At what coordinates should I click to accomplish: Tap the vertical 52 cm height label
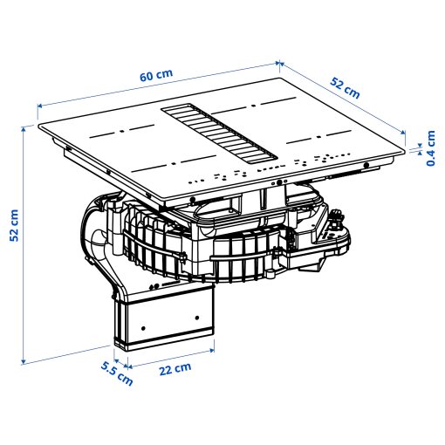click(13, 226)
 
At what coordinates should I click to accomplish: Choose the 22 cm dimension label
click(175, 368)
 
